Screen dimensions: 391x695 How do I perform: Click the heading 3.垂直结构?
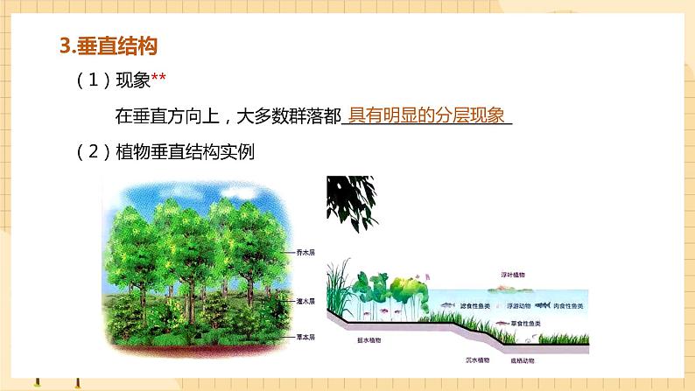pos(109,44)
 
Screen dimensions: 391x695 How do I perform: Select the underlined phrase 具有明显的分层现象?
pos(426,115)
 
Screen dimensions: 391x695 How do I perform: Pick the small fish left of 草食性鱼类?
pos(502,324)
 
